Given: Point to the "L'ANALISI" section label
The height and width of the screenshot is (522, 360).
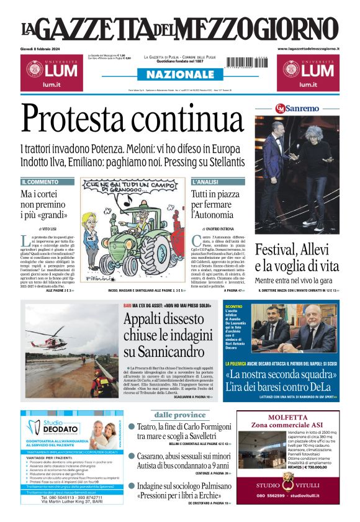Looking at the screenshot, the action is pos(205,182).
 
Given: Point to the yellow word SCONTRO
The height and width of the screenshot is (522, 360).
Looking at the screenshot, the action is pos(233,307).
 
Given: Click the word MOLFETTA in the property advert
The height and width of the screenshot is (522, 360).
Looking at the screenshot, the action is pos(288,417).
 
